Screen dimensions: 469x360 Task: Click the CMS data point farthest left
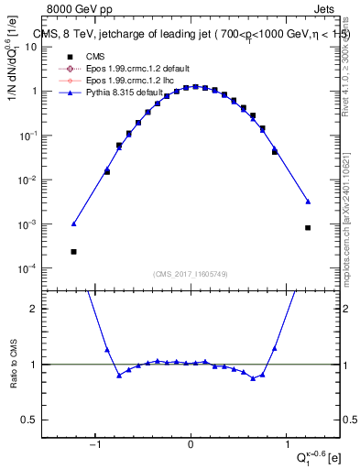(73, 251)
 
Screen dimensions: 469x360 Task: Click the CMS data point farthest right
(308, 227)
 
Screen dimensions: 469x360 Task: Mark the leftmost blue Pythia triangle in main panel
(73, 224)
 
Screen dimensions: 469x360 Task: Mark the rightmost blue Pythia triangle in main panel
(308, 202)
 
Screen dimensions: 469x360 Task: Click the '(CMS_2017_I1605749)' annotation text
(191, 274)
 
